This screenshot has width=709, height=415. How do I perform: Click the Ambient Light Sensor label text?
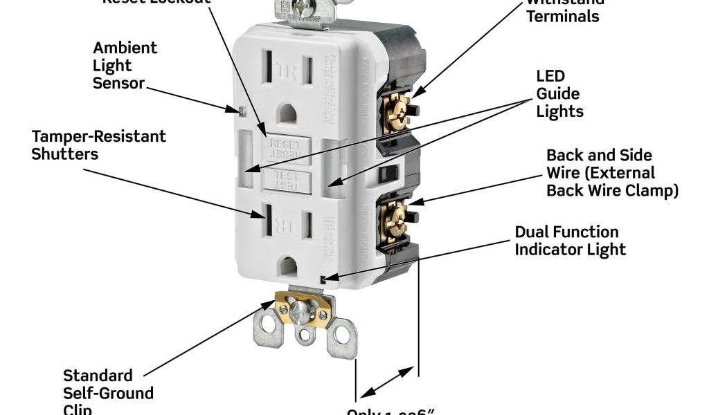[x=125, y=66]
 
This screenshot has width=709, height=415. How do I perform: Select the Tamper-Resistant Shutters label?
[x=98, y=145]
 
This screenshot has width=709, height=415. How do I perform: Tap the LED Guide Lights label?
[x=559, y=93]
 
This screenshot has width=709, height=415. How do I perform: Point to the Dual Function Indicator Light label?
[x=570, y=240]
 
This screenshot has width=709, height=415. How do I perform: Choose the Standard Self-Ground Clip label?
[x=108, y=393]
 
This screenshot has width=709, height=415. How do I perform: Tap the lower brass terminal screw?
[x=397, y=221]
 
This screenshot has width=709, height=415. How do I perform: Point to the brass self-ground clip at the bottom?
[x=303, y=309]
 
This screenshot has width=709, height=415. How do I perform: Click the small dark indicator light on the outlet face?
[x=325, y=278]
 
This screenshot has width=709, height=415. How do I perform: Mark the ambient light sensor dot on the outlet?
[x=240, y=109]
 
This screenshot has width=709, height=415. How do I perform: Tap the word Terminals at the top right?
[x=562, y=16]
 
